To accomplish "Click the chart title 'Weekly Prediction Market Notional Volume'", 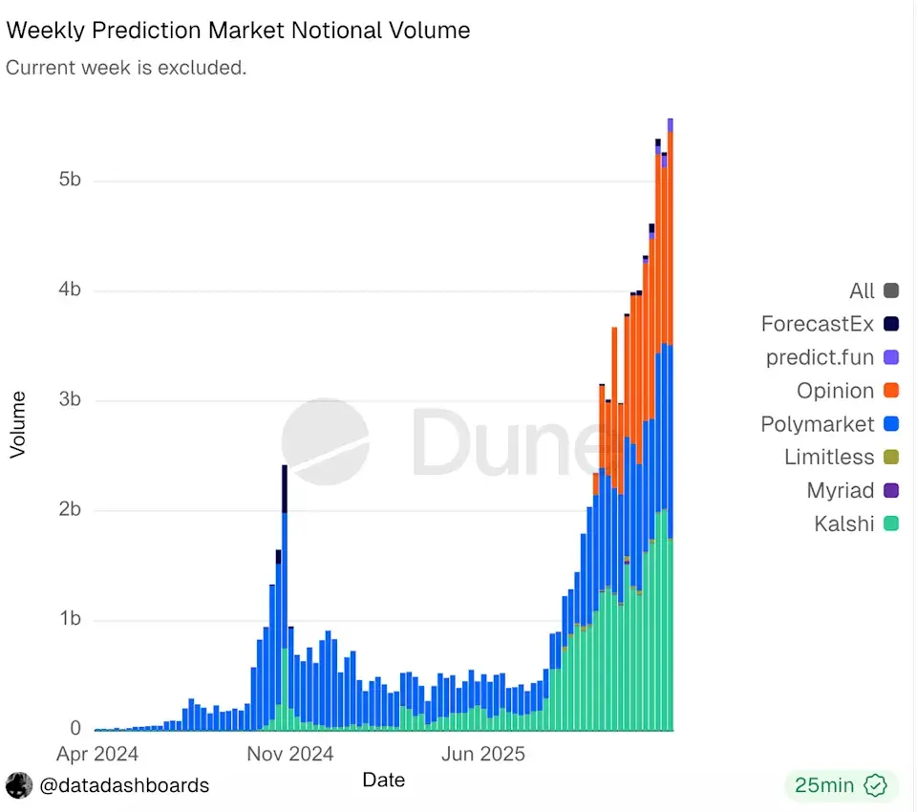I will (238, 30).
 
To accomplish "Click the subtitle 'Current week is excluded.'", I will (126, 69).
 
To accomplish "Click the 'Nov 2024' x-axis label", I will (290, 754).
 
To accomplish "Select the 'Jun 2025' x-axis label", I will (482, 754).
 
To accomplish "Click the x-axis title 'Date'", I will (383, 780).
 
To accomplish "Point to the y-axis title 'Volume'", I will (17, 423).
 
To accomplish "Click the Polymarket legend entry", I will (818, 424).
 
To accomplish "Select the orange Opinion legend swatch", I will (891, 391).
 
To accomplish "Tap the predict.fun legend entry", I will (820, 357).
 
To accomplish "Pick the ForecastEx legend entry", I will (818, 324).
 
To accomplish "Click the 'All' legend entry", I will (862, 290).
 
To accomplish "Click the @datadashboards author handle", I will (124, 785).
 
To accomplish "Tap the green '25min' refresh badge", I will (841, 785).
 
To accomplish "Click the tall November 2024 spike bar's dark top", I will (285, 487).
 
